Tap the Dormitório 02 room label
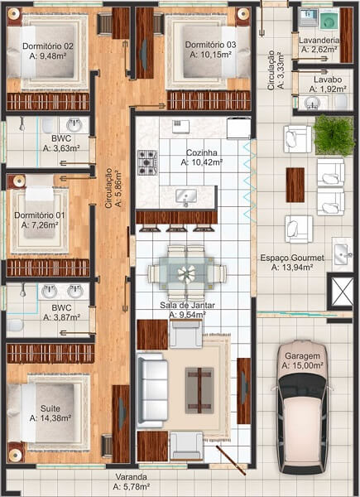point(48,46)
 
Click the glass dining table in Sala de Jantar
point(187,272)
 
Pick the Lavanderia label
point(319,39)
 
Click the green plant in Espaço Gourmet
point(334,136)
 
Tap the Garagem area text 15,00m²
point(302,365)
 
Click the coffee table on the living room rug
point(199,388)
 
